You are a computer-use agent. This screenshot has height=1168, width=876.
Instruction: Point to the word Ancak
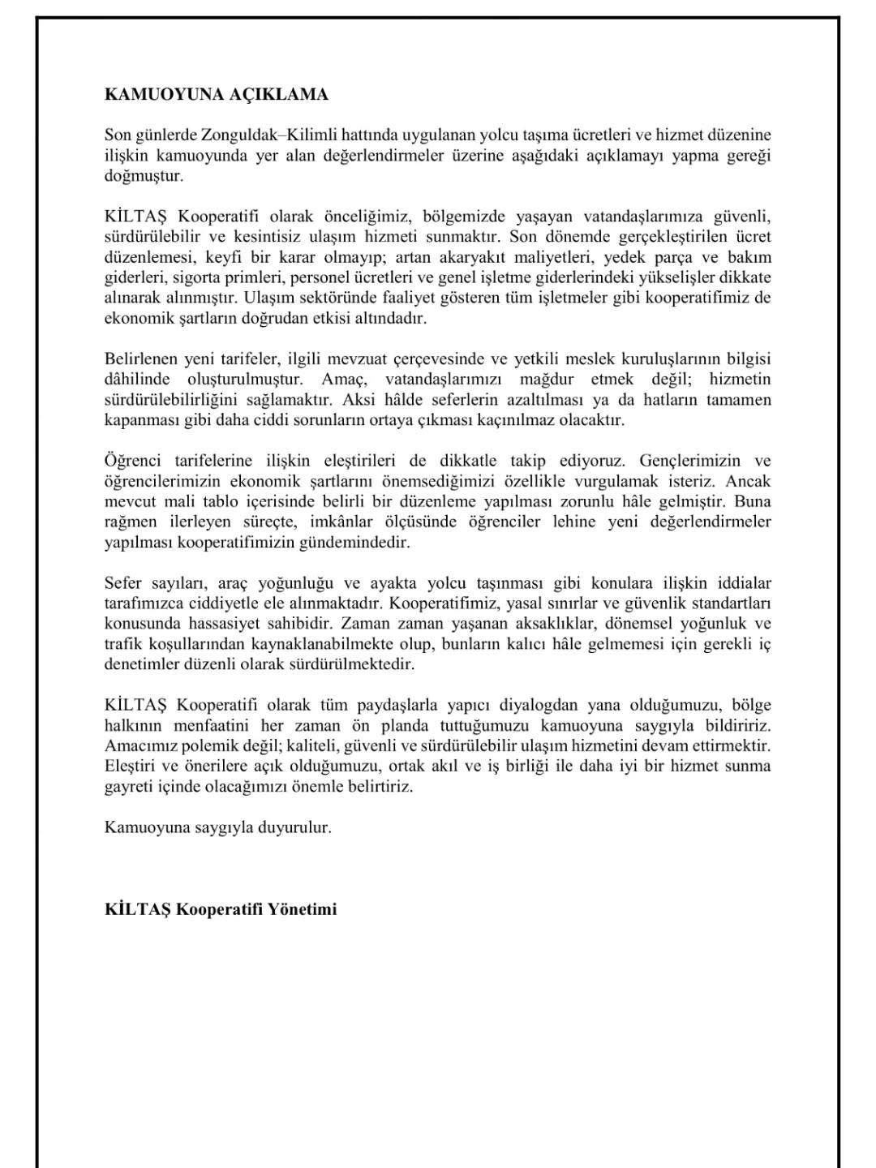click(x=748, y=481)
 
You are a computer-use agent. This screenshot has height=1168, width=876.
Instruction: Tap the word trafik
click(x=123, y=644)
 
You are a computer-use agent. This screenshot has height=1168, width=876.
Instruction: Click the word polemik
click(x=203, y=745)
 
